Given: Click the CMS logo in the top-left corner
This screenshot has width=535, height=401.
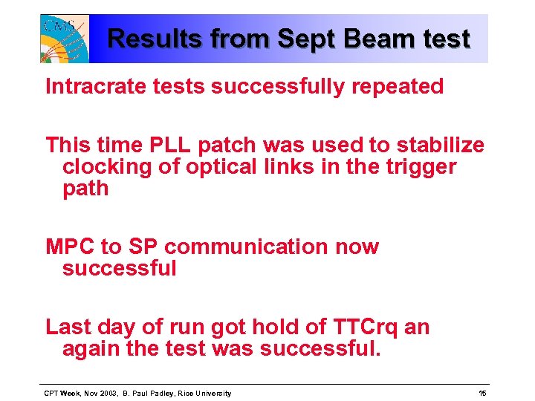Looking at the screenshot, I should (x=65, y=38).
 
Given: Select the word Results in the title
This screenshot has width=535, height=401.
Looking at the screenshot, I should (x=153, y=39).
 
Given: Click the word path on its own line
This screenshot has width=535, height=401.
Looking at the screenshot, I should (x=85, y=189).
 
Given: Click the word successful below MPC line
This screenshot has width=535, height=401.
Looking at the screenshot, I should (x=119, y=268).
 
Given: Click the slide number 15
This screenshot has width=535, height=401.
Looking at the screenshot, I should (x=482, y=393).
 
